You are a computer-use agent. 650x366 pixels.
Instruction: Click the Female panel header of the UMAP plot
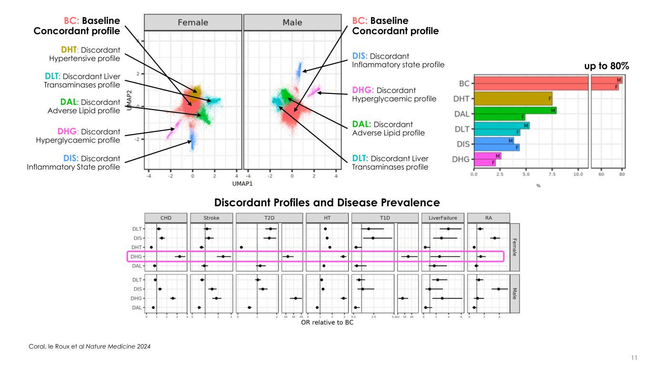[193, 22]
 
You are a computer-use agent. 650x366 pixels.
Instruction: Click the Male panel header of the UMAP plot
[292, 22]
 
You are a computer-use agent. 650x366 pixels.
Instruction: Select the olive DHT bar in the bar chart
[513, 99]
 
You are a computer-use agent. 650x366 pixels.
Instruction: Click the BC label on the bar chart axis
[465, 83]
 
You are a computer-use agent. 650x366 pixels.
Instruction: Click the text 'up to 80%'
[607, 67]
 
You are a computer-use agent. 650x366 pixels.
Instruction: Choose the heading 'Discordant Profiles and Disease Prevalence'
[327, 202]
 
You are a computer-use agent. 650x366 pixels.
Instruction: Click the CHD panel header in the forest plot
[166, 218]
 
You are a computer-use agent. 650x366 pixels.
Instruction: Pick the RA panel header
[488, 218]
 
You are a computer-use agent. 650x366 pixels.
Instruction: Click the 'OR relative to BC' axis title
[327, 323]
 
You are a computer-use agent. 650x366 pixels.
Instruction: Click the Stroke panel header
[211, 218]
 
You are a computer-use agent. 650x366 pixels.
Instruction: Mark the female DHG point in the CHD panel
[179, 256]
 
